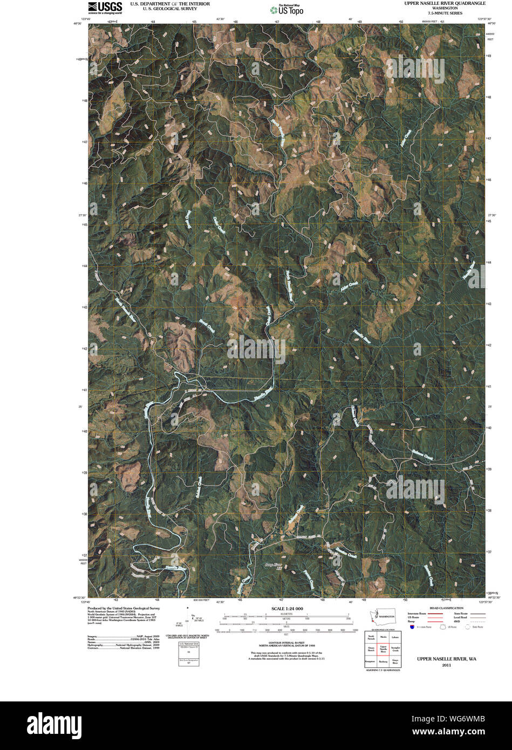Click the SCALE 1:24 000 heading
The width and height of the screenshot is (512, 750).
coord(284,609)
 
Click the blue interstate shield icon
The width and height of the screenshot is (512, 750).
coord(412,627)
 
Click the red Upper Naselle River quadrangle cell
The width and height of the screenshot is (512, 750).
coord(383,650)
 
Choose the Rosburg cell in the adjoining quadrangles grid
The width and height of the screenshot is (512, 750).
coord(383,661)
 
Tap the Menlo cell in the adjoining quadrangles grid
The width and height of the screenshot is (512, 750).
coord(383,637)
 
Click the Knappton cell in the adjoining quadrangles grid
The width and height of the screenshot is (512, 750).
coord(371,661)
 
